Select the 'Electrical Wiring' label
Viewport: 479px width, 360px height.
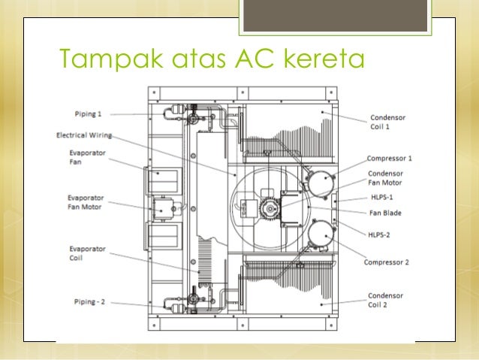tap(85, 136)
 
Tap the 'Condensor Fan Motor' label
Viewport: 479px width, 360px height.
tap(385, 177)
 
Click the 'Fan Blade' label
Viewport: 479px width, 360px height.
tap(384, 213)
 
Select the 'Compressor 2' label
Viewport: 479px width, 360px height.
tap(386, 262)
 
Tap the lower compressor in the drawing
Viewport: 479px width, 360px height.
tap(317, 235)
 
